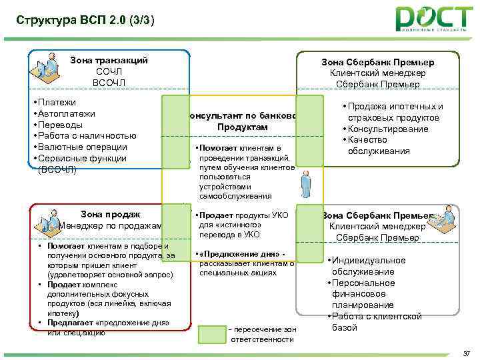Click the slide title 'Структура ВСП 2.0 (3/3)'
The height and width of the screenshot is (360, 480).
[85, 20]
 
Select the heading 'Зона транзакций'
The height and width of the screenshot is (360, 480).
[109, 60]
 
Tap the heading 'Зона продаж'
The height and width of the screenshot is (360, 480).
[110, 214]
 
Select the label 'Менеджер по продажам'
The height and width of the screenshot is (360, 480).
[111, 226]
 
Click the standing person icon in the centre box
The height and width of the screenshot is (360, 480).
[307, 185]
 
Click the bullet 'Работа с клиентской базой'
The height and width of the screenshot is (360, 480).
[377, 321]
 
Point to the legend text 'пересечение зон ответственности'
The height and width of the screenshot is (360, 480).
[262, 335]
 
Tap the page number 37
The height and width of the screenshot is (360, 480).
[466, 353]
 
